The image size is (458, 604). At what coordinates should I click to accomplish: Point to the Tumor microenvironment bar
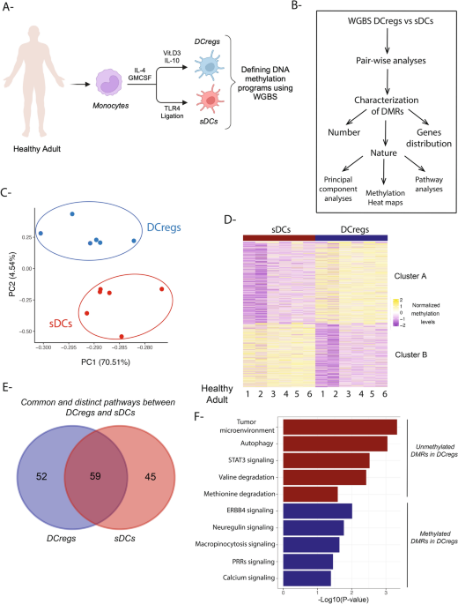pos(340,427)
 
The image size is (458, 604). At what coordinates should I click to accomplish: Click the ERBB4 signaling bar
pos(317,511)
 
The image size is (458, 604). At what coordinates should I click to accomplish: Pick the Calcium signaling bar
pos(307,578)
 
